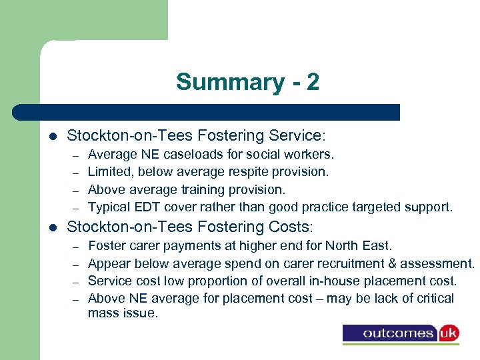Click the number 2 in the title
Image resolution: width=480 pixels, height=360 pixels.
pos(313,83)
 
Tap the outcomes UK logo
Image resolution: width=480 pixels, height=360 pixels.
pos(401,333)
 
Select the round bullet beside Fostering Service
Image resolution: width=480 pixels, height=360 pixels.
pos(53,137)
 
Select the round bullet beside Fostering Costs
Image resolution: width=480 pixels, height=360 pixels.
pos(53,227)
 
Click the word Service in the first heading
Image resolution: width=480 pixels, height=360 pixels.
pos(291,136)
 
